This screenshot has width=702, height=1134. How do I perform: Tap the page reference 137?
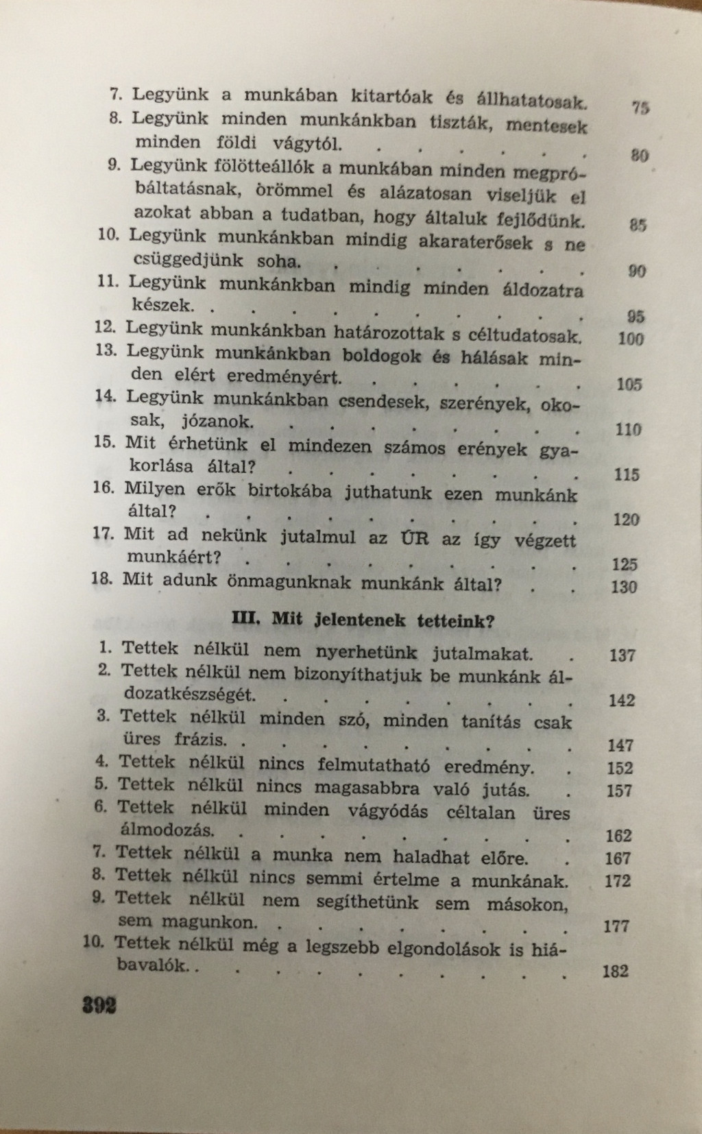(x=622, y=655)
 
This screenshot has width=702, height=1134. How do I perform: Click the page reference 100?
(x=631, y=339)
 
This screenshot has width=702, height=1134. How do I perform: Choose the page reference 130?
(x=623, y=587)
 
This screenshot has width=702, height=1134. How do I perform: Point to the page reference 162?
(x=618, y=836)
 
